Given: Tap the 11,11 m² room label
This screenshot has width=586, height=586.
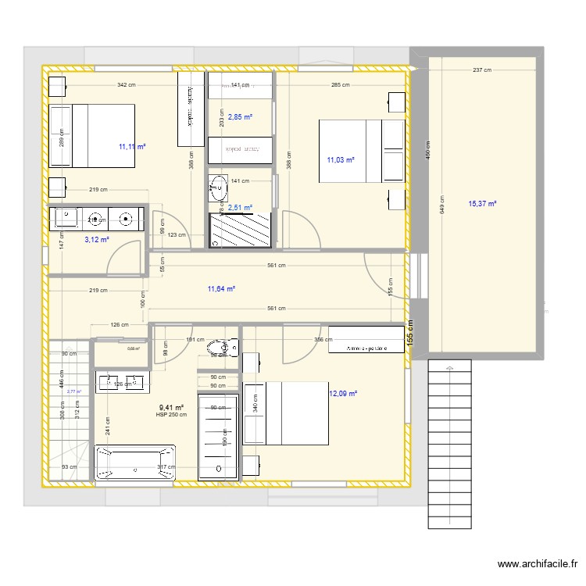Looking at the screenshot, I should pyautogui.click(x=133, y=146).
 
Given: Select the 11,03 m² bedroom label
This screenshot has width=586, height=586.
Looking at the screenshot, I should pyautogui.click(x=341, y=160).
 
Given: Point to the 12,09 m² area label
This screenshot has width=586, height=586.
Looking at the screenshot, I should pyautogui.click(x=343, y=394).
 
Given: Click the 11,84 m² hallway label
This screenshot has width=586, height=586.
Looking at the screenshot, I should pyautogui.click(x=221, y=288).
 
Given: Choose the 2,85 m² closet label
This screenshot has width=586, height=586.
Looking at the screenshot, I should pyautogui.click(x=240, y=117).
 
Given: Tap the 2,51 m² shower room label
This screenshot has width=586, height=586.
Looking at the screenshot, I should pyautogui.click(x=240, y=208).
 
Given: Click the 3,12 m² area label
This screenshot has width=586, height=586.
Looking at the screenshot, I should pyautogui.click(x=97, y=240).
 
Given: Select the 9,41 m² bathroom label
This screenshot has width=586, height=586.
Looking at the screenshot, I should pyautogui.click(x=172, y=407).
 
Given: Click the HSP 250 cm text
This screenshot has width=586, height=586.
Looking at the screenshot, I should pyautogui.click(x=172, y=415).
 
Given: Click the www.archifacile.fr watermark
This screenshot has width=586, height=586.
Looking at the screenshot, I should pyautogui.click(x=538, y=564).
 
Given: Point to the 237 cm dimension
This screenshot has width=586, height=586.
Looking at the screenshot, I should pyautogui.click(x=482, y=70).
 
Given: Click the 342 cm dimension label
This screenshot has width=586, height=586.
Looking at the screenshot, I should pyautogui.click(x=127, y=84).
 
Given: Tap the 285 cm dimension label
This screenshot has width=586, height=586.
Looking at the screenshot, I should pyautogui.click(x=340, y=84).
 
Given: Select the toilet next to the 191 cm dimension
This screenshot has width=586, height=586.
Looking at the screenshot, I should pyautogui.click(x=230, y=347).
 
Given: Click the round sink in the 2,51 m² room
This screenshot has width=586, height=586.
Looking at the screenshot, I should pyautogui.click(x=218, y=186).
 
